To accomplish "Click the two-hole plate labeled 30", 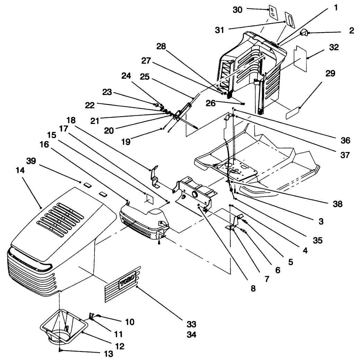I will [x=273, y=12].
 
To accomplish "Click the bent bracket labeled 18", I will [x=154, y=176].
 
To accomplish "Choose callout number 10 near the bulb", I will [x=129, y=322].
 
